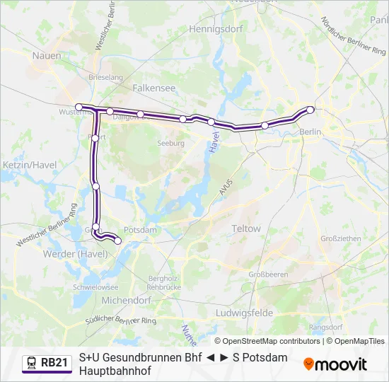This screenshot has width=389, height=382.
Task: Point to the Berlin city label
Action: click(x=310, y=132)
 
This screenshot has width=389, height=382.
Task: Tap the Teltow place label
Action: click(x=246, y=229)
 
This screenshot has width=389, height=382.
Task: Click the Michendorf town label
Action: click(x=126, y=300)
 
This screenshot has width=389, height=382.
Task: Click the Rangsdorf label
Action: click(x=327, y=328)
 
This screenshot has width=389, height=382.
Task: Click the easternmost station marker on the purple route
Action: click(x=310, y=109)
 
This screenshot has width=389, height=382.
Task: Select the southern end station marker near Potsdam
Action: click(x=117, y=241)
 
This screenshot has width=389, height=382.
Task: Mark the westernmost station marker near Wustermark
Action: click(x=79, y=107)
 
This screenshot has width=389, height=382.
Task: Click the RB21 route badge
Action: click(x=47, y=363)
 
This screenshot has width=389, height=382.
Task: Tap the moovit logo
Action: click(x=335, y=364)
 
